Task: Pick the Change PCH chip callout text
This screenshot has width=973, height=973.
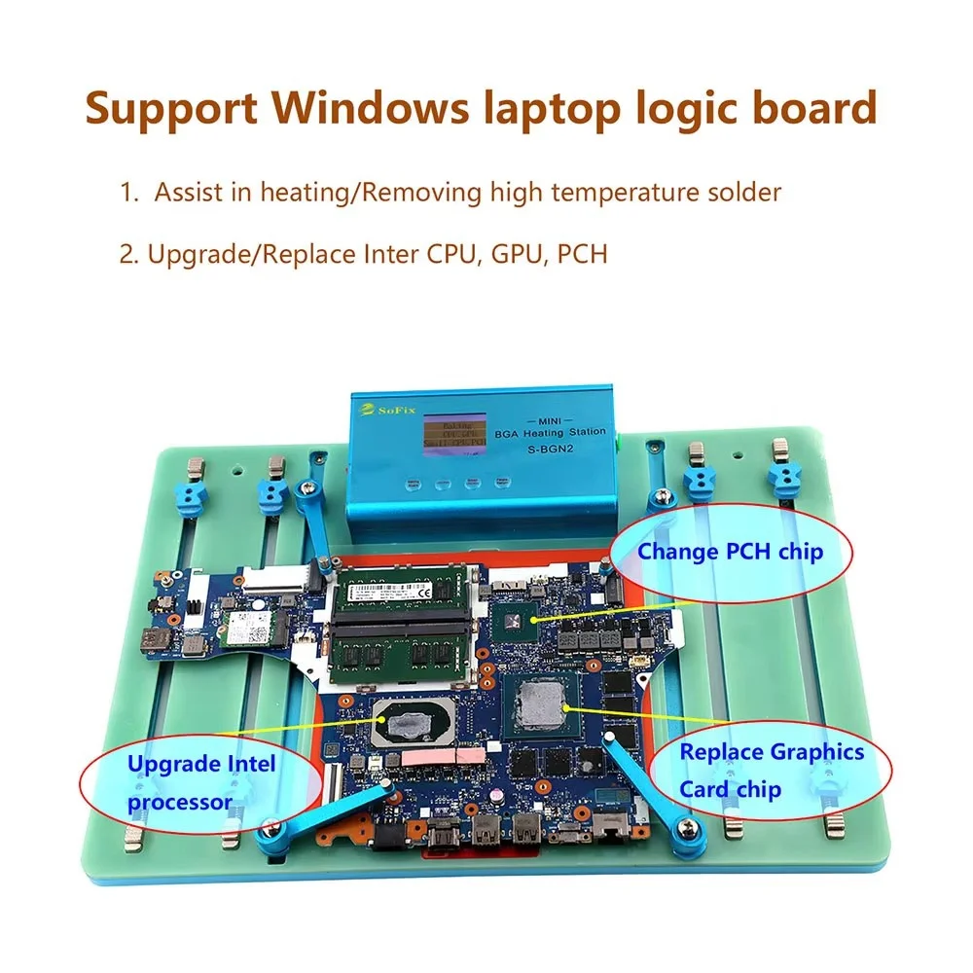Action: click(730, 552)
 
